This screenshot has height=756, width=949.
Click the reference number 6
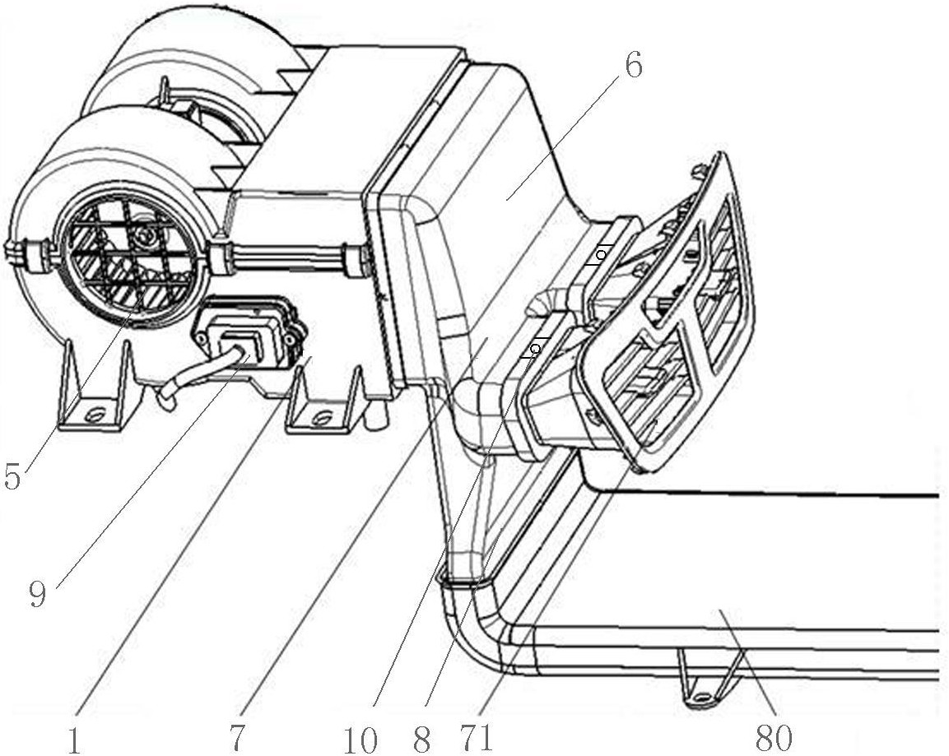[632, 66]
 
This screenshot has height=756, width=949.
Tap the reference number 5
[12, 475]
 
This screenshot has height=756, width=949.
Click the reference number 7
[237, 739]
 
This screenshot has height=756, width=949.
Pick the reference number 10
[361, 740]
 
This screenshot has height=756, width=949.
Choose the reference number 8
[422, 739]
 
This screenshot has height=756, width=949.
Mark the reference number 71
[477, 739]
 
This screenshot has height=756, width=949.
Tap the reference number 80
[774, 738]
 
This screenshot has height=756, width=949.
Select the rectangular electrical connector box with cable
[248, 331]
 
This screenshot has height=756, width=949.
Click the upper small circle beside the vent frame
[600, 255]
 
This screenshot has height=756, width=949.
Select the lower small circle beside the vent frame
[534, 348]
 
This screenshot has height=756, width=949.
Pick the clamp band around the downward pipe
[465, 582]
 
